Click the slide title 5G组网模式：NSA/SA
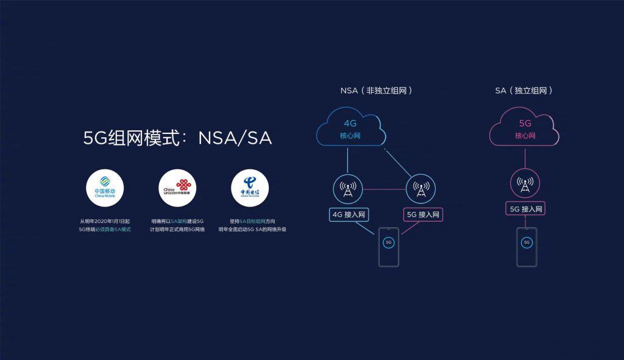pyautogui.click(x=177, y=138)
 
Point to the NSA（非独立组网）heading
pyautogui.click(x=377, y=90)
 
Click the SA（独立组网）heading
pyautogui.click(x=524, y=90)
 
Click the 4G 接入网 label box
pyautogui.click(x=349, y=214)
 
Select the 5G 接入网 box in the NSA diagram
pyautogui.click(x=423, y=214)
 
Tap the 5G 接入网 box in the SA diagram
pyautogui.click(x=526, y=209)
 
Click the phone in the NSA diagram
pyautogui.click(x=388, y=247)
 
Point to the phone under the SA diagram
pyautogui.click(x=526, y=247)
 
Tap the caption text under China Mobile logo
pyautogui.click(x=105, y=225)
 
